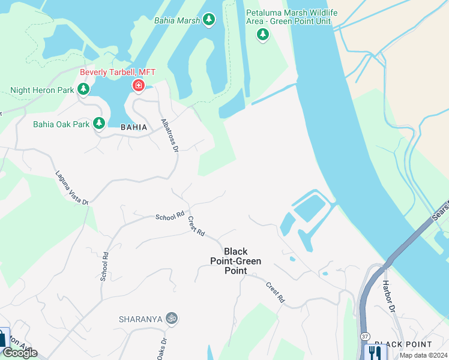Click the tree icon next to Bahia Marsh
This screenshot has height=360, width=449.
coord(209,20)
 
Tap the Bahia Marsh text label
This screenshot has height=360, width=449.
coord(176,20)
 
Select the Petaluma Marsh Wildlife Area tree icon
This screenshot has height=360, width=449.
coord(262,35)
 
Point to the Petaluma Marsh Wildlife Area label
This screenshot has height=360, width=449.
coord(292,17)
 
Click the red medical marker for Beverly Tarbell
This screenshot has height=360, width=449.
coord(139,86)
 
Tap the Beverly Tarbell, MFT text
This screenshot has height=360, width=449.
coord(118,73)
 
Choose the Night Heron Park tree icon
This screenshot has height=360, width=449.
coord(83,91)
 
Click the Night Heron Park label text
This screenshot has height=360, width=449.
coord(42,91)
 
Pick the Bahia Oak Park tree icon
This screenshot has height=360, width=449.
coord(99,124)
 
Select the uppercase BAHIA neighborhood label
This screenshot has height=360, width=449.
coord(134,127)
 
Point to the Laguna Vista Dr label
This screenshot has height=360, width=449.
coord(72,188)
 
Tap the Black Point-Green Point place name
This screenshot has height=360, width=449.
coord(236,261)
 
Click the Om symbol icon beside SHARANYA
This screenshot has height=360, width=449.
coord(172,318)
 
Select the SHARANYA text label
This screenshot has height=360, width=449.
coord(141,319)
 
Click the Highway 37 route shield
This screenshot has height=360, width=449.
coord(366,337)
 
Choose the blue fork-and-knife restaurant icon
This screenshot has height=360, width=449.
coord(376,352)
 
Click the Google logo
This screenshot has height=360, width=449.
coord(20,353)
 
